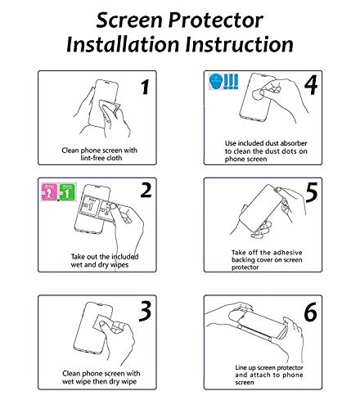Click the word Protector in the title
point(215,20)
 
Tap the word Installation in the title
point(123,44)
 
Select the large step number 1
point(145,87)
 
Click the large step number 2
point(146,190)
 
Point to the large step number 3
point(145,312)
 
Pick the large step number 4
point(311,85)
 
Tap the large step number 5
point(312,192)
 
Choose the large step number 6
point(311,312)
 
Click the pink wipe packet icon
point(49,192)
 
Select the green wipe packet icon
point(67,192)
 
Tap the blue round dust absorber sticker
point(216,81)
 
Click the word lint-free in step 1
point(92,158)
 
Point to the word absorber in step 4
point(294,143)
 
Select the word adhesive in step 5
point(288,252)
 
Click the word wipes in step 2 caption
point(119,265)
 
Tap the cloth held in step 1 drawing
point(109,108)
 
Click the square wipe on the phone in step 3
point(103,326)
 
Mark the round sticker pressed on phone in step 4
point(258,95)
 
